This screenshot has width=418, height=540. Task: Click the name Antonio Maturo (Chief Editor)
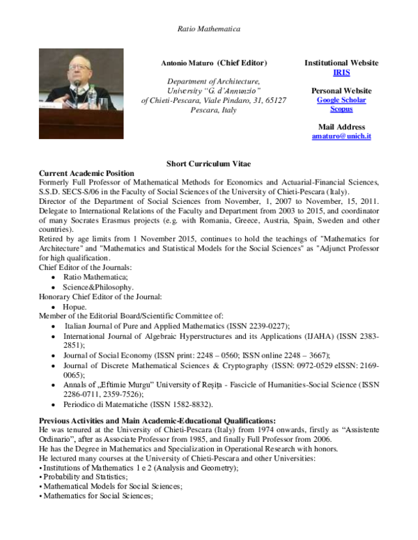[x=214, y=63]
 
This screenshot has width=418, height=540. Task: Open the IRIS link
[x=341, y=72]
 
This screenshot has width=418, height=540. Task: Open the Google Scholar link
[x=341, y=100]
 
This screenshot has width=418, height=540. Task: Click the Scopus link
[x=341, y=109]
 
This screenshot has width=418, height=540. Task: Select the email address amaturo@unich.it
[x=341, y=136]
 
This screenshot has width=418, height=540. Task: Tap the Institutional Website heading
[x=341, y=63]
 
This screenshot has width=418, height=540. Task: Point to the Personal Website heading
[x=341, y=91]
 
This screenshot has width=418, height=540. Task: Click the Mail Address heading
[x=341, y=127]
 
